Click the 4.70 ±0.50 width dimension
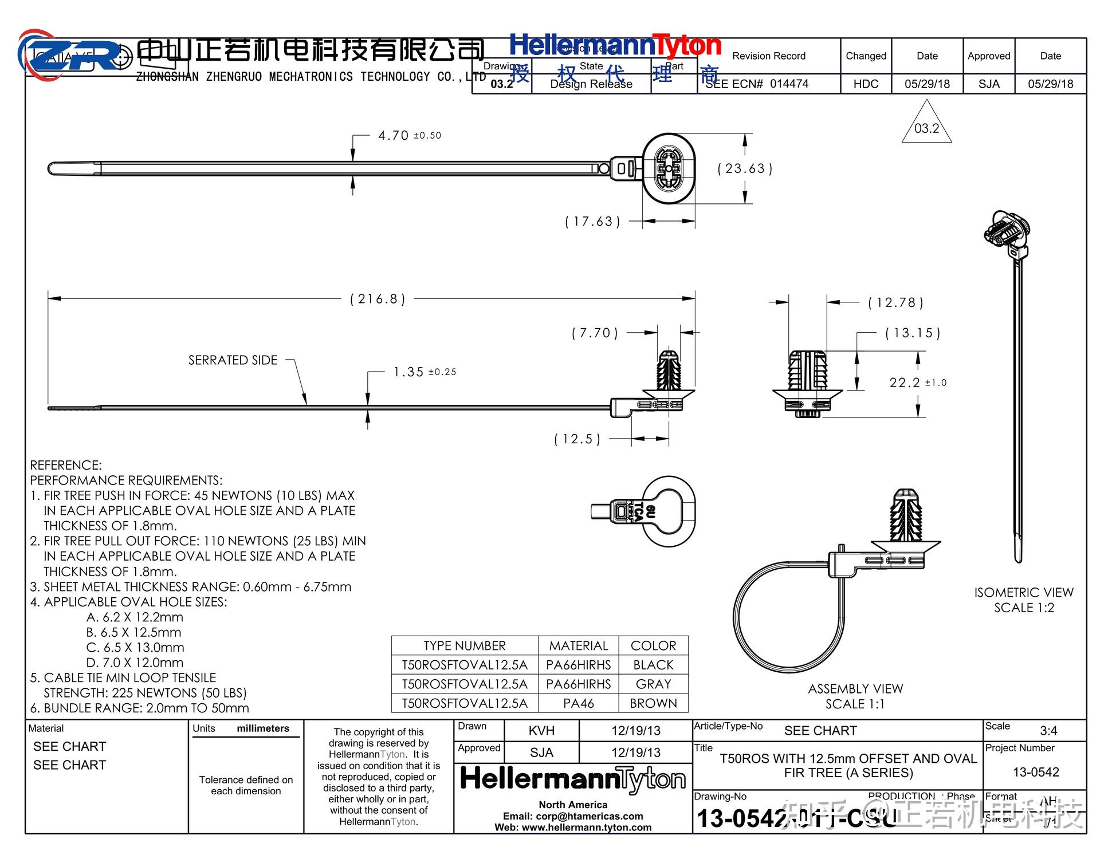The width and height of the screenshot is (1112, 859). (x=409, y=136)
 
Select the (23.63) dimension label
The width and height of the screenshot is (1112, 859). (x=745, y=168)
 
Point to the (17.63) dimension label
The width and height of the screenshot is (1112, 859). (x=592, y=222)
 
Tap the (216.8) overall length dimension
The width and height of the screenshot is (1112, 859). (x=378, y=299)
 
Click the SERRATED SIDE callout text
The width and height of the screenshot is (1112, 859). (x=233, y=360)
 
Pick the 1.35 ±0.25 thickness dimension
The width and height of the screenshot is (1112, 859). (x=424, y=372)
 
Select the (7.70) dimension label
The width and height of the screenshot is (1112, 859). (x=595, y=333)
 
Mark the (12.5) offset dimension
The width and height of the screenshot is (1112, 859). (x=577, y=439)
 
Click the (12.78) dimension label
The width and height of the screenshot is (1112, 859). (x=895, y=302)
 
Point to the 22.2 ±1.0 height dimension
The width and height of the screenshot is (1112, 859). (x=917, y=383)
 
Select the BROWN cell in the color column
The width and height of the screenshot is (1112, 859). (x=653, y=703)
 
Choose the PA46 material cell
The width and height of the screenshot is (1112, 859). (x=578, y=703)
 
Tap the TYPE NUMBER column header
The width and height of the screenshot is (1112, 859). (x=464, y=645)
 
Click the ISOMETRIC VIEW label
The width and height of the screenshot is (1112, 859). (x=1024, y=593)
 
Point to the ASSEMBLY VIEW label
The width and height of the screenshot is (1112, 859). (x=855, y=689)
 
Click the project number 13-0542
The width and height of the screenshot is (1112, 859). (x=1036, y=772)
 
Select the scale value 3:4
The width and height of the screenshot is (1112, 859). (x=1048, y=731)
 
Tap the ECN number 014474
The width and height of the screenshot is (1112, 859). (x=789, y=84)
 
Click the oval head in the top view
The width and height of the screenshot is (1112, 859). (x=669, y=168)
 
